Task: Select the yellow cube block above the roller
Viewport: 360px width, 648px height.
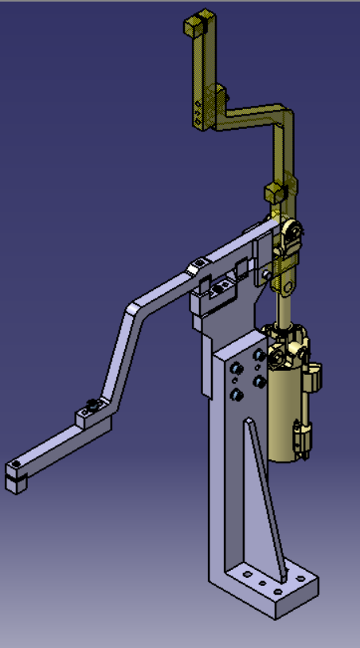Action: coord(275,192)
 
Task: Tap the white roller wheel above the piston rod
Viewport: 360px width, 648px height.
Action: coord(295,231)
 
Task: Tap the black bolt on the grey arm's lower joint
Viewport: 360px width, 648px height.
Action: coord(93,406)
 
